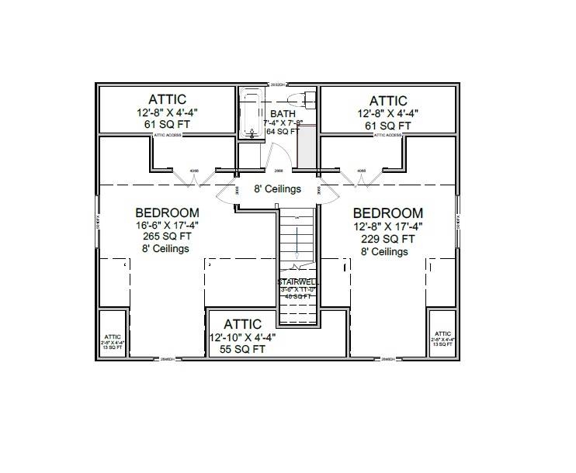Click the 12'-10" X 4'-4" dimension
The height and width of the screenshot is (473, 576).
[242, 338]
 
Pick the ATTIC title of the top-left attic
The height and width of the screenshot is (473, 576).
[167, 99]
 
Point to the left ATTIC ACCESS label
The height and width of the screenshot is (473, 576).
[168, 135]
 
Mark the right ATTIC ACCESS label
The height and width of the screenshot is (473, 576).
[387, 135]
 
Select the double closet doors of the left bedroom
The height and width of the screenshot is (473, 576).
[193, 179]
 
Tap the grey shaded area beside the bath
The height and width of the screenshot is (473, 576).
[307, 147]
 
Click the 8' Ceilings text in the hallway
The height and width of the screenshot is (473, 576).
[277, 189]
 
